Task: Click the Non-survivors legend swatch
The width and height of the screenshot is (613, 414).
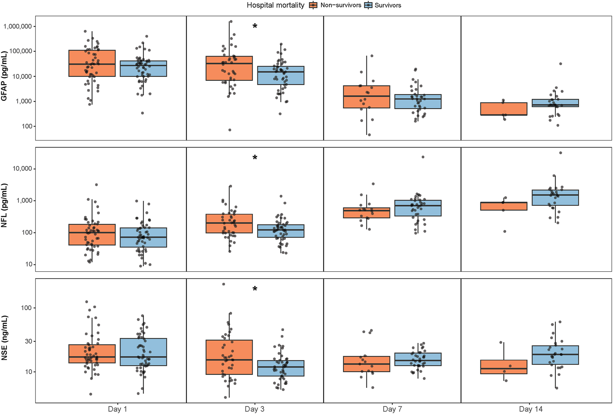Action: click(313, 5)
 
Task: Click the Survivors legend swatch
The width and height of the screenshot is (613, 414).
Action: click(368, 5)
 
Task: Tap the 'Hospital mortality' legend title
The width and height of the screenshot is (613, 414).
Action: click(275, 5)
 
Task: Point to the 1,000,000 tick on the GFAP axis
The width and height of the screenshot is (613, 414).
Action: click(17, 26)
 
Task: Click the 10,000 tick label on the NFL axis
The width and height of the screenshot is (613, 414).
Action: click(22, 169)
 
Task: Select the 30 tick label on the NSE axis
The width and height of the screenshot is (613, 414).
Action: click(28, 341)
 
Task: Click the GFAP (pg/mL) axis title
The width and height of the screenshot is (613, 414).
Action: click(4, 76)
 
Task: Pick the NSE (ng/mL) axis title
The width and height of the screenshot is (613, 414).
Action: click(4, 338)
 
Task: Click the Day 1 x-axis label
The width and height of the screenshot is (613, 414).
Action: click(117, 409)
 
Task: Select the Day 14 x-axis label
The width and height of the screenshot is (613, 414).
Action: click(531, 409)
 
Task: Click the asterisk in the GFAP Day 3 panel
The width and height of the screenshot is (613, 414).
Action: click(255, 26)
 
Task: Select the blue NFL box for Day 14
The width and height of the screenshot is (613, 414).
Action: click(555, 198)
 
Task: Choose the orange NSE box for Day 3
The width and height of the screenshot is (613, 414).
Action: click(229, 357)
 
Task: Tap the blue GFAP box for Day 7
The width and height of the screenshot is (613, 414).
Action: click(418, 102)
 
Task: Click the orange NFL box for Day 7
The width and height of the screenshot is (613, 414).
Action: click(367, 213)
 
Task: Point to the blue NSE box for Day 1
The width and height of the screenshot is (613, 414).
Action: click(143, 352)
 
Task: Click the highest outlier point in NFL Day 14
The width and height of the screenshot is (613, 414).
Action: click(561, 153)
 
